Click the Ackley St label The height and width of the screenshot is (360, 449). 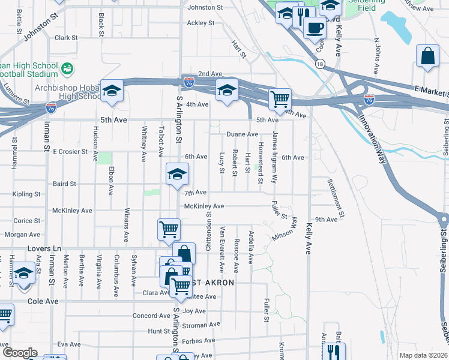tap(200, 23)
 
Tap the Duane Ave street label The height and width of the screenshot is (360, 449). tap(241, 134)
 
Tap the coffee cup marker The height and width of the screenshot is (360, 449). tap(315, 27)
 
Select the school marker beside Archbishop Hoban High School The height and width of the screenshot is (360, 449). tap(112, 91)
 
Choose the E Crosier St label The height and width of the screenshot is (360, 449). tap(70, 152)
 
